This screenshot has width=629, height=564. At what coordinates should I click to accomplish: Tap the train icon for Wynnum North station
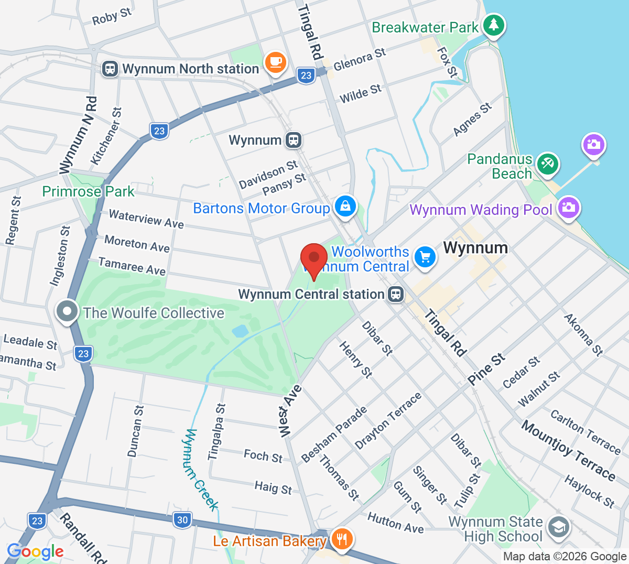point(110,69)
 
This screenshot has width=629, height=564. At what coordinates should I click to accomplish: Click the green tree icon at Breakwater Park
point(493,25)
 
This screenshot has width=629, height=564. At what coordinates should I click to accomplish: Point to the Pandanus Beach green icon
point(547,164)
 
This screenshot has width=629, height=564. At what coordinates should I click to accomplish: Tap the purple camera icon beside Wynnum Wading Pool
point(568,208)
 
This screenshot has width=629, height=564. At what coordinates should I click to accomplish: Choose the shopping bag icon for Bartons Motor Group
point(345,206)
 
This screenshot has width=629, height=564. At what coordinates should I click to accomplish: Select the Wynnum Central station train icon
point(396,294)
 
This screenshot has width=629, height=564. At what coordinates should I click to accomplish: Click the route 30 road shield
point(182,520)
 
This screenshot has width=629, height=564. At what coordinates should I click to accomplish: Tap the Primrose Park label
point(88,192)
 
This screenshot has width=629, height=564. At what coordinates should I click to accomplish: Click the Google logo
point(35,551)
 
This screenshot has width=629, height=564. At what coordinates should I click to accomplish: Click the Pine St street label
point(487,369)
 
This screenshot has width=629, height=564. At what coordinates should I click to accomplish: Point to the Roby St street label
point(112,17)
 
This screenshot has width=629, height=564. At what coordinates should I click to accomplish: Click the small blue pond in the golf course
point(240,331)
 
